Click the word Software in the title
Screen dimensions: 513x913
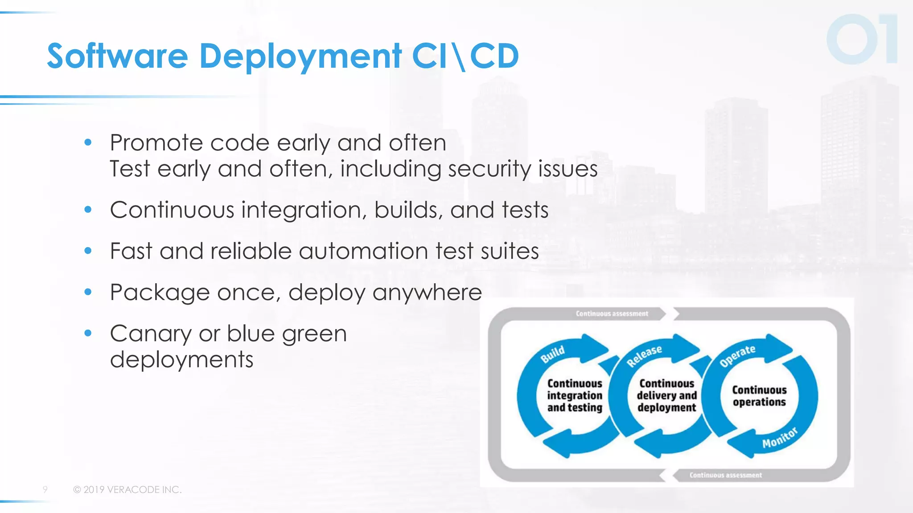click(x=117, y=56)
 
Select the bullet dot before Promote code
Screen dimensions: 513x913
click(x=88, y=142)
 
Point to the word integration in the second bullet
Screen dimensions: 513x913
click(x=304, y=210)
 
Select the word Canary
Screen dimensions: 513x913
click(x=151, y=334)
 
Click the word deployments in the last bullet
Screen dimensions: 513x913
click(x=181, y=359)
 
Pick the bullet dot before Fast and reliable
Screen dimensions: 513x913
click(x=88, y=251)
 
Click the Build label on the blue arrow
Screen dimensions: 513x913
click(x=553, y=354)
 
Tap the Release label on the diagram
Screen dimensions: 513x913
click(x=644, y=356)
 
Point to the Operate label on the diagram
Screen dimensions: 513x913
click(x=737, y=355)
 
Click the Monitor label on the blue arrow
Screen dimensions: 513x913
click(x=780, y=438)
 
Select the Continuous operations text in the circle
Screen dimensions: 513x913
click(x=759, y=396)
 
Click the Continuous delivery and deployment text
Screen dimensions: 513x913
click(x=666, y=395)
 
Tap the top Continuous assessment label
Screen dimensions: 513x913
click(x=612, y=314)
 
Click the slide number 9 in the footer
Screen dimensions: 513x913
click(x=45, y=489)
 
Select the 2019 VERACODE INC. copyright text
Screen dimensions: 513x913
click(x=127, y=489)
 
